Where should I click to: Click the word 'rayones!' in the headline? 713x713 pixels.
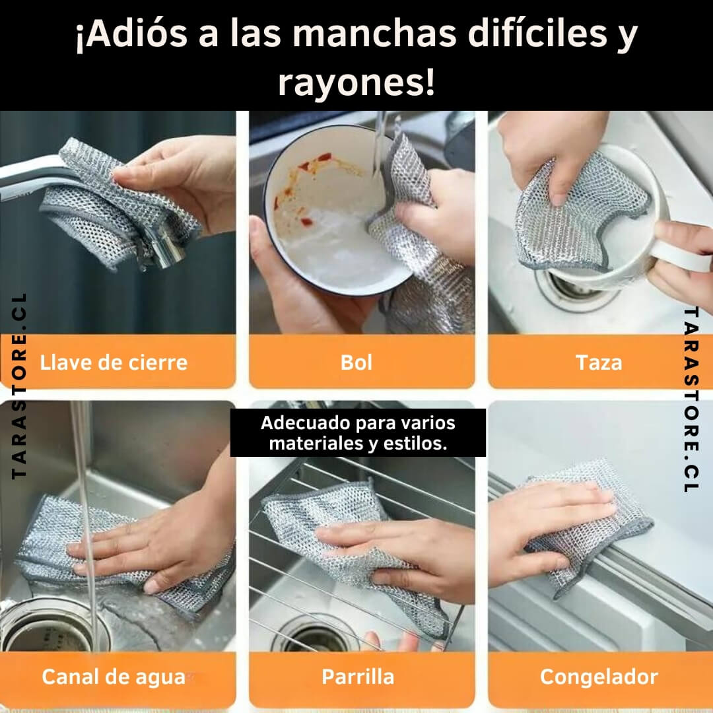356,83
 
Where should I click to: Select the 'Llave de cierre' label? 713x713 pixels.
114,362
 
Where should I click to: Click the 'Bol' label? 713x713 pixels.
356,362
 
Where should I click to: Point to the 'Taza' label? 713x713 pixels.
598,362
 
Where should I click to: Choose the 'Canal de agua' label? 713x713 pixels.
114,677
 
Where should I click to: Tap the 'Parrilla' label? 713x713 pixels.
358,677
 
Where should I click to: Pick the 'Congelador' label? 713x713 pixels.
599,677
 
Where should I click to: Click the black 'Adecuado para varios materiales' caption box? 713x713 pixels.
358,432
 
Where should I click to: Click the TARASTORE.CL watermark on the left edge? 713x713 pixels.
19,386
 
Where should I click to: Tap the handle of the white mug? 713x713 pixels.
681,255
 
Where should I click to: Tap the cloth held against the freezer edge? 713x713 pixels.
591,527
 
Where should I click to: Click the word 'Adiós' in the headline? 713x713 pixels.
132,34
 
